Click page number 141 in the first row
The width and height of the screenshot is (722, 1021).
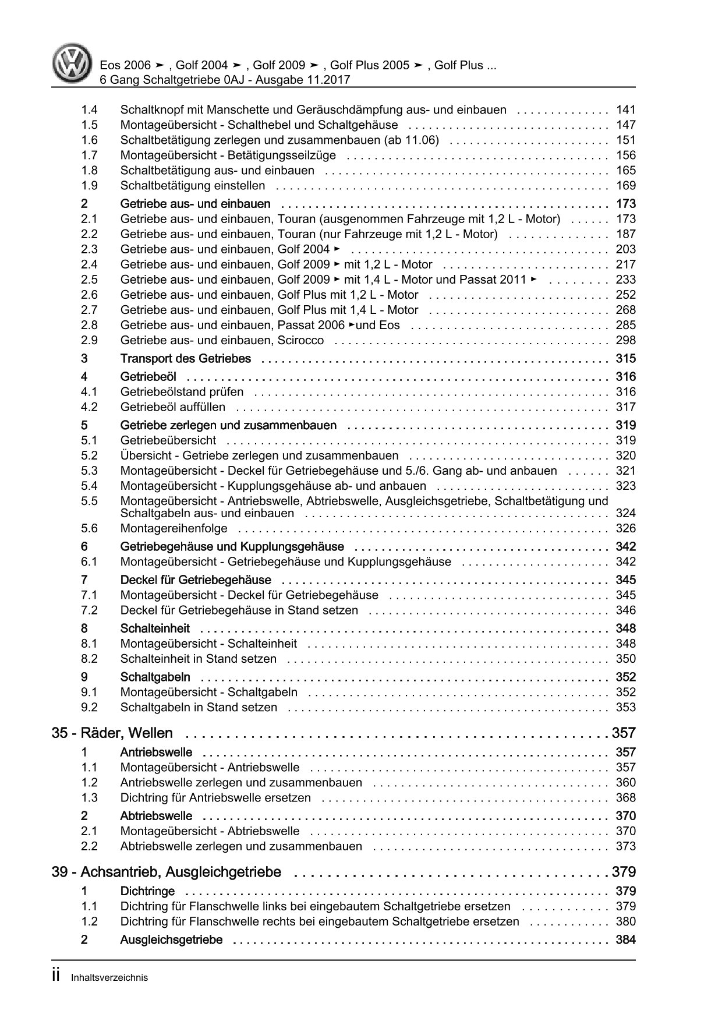click(625, 109)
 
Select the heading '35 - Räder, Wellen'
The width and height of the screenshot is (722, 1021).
click(112, 733)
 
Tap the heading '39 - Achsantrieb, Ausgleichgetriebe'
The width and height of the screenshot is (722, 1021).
click(167, 872)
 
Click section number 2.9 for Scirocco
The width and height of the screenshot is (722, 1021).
click(90, 340)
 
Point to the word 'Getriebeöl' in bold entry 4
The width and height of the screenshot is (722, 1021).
click(148, 377)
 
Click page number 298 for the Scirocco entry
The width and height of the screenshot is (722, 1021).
click(625, 340)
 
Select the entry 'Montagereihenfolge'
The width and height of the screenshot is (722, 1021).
click(174, 528)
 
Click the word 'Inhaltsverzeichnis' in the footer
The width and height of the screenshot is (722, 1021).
click(109, 978)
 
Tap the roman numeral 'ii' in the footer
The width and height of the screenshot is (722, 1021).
click(56, 977)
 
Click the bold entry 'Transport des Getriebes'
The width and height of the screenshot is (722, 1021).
click(185, 359)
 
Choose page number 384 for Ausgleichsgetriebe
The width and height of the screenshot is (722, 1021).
click(625, 939)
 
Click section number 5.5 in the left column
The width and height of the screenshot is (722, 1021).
click(90, 501)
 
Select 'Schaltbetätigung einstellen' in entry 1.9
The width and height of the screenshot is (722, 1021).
click(192, 185)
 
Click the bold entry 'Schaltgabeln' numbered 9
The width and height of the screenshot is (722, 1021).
click(155, 677)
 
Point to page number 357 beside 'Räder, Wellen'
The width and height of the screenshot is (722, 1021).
click(624, 733)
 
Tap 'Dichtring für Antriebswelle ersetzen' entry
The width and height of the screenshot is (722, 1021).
click(215, 797)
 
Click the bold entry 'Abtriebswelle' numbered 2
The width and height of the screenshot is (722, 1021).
click(156, 816)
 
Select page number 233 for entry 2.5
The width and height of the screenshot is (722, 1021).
click(625, 280)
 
